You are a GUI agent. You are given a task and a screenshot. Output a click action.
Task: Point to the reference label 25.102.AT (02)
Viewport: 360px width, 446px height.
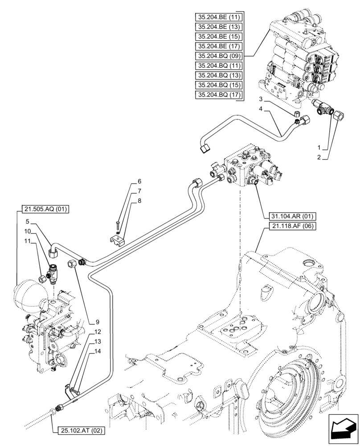coord(81,430)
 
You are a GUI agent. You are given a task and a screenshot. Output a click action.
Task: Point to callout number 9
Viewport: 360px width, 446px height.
coord(97,322)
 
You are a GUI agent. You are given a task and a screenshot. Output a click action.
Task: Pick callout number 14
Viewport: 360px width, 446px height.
coord(97,351)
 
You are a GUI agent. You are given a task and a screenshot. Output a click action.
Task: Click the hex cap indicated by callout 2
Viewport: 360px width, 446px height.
coord(338,117)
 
